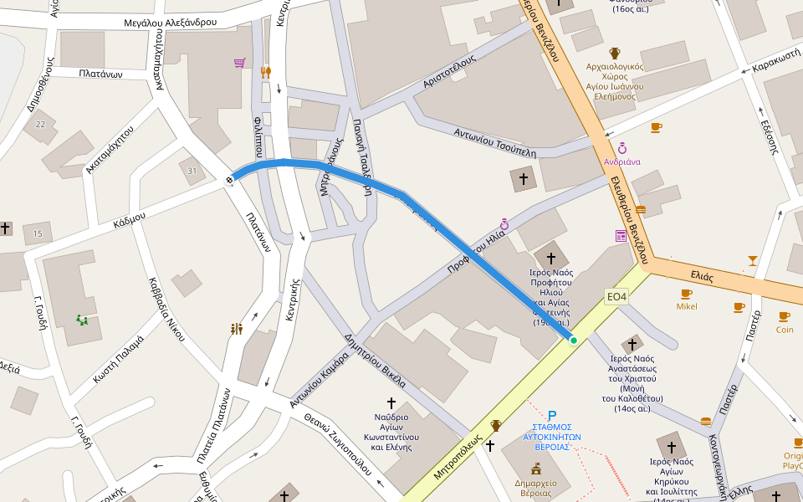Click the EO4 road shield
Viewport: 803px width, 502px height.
617,297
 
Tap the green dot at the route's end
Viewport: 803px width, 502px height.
573,340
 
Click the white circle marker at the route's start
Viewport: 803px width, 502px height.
230,179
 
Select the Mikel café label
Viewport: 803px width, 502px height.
687,306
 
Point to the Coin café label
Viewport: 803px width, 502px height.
784,330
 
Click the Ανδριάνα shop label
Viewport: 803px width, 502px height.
622,161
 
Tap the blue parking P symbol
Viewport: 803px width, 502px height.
552,415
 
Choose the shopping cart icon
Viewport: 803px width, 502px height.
240,63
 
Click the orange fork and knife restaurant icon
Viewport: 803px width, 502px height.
266,72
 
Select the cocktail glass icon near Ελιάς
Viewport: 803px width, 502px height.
753,260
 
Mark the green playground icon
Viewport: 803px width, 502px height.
82,320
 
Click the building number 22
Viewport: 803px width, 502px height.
40,125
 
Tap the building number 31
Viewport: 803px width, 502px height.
192,171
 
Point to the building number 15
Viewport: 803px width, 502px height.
38,233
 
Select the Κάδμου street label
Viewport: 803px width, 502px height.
130,220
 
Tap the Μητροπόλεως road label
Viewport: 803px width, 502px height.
458,457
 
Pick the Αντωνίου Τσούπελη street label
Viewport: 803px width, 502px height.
494,142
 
